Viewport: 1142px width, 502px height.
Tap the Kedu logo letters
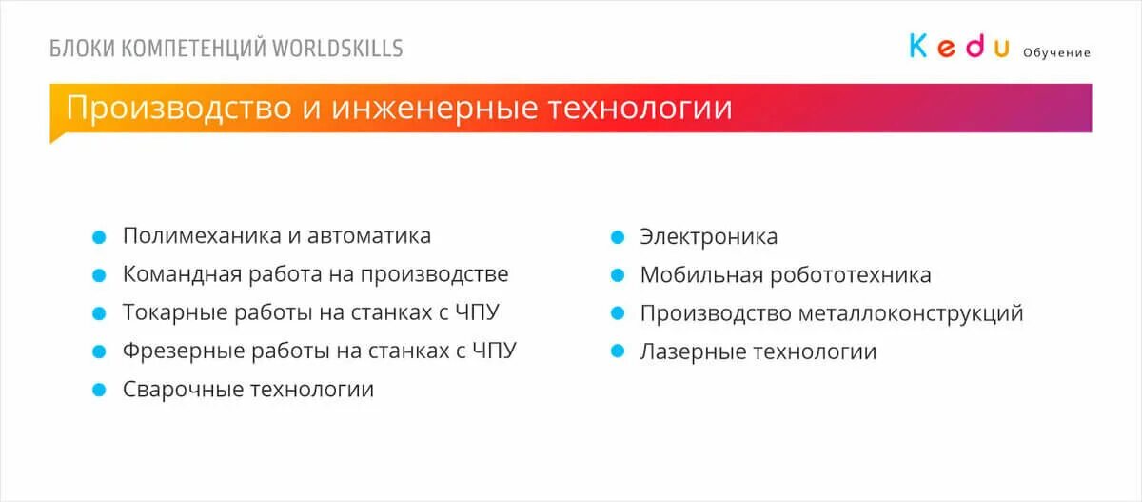958,46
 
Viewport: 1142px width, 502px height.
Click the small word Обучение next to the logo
1056,52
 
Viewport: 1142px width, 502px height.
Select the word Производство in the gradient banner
179,107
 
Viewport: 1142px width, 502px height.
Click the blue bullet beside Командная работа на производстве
98,274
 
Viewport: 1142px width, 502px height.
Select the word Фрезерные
175,351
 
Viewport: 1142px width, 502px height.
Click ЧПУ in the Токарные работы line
477,312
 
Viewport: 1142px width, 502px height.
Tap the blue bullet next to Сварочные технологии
98,390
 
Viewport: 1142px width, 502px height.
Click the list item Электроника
708,236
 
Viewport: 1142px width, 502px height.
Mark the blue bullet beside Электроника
617,236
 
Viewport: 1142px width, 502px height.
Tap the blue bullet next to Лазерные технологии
617,351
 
